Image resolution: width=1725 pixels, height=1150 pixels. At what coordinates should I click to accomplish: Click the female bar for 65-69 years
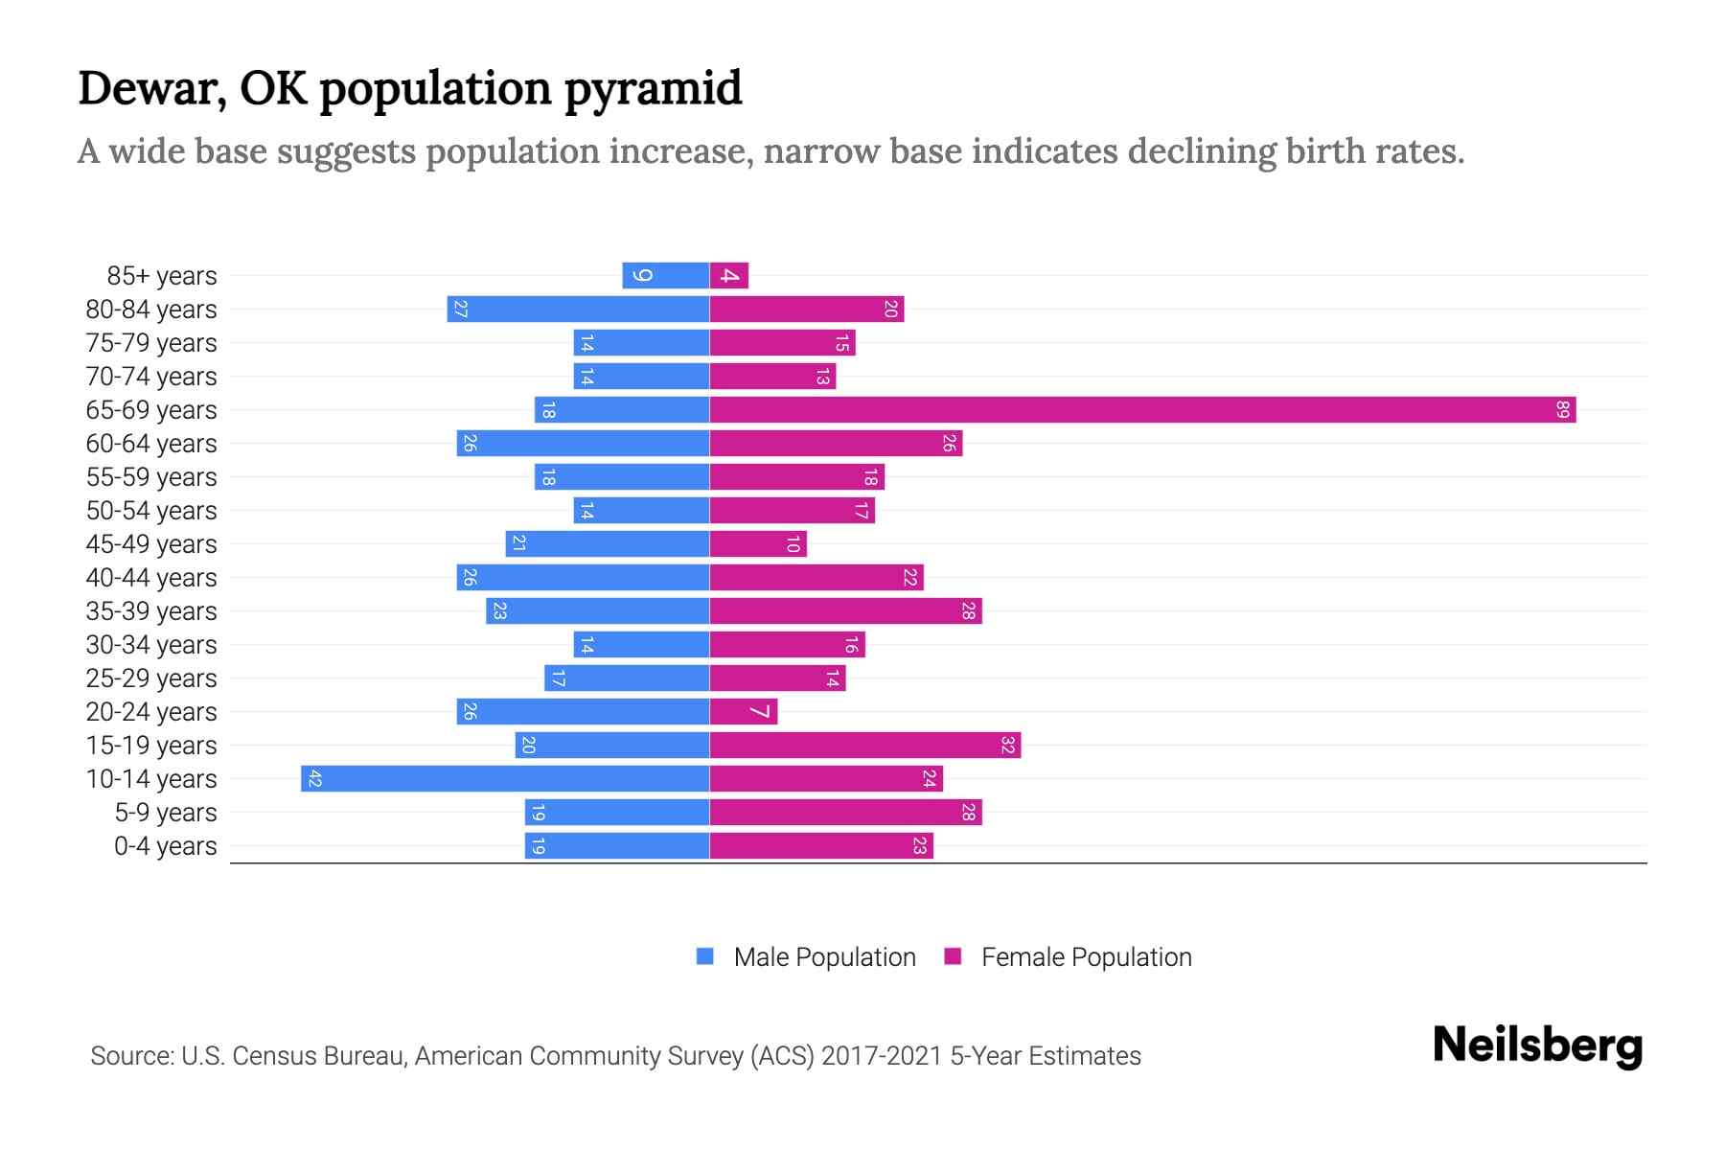1142,410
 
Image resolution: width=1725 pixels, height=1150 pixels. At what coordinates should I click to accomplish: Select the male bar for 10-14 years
505,779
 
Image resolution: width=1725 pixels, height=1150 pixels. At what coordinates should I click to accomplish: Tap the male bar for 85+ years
666,276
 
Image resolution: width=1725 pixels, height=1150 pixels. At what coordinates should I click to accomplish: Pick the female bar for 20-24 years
744,712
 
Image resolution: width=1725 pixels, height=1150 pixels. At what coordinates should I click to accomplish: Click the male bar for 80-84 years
578,310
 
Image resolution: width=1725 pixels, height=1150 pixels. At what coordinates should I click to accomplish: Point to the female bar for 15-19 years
865,746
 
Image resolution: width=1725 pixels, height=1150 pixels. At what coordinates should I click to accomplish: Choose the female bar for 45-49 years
758,544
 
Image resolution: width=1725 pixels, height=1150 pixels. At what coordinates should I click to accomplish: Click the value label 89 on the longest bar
1562,410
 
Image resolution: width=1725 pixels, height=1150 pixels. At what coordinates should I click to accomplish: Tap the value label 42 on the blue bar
314,779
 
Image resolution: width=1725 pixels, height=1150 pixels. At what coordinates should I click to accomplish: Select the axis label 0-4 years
165,846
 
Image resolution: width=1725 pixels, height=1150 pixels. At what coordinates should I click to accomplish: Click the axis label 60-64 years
151,444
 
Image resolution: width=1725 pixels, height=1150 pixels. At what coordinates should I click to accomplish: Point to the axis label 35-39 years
151,611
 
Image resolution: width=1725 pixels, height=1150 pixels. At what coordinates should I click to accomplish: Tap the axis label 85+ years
161,276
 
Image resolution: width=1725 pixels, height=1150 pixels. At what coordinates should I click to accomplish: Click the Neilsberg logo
1537,1046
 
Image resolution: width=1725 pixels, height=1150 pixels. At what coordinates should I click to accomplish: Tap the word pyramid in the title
653,89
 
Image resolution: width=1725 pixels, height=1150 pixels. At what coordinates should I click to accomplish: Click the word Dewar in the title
151,89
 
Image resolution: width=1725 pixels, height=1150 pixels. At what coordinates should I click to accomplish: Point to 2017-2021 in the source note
882,1056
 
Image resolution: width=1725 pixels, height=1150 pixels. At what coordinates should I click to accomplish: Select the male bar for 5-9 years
617,813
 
